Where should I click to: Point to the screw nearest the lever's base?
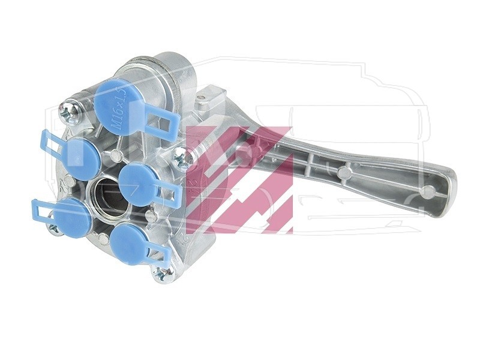184,157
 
